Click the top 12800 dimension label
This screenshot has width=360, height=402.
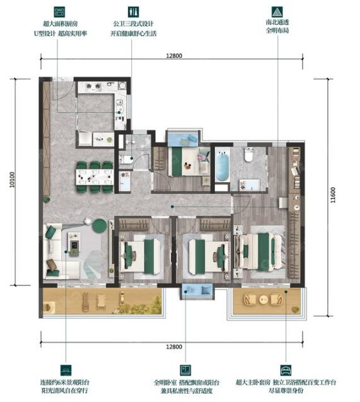tap(175, 55)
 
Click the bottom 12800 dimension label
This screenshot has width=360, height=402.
tap(175, 347)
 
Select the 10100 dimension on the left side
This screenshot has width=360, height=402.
tap(12, 182)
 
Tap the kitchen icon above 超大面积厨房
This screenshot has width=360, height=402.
tap(61, 12)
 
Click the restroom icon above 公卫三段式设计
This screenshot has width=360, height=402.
tap(133, 12)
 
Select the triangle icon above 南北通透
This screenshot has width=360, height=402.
tap(276, 12)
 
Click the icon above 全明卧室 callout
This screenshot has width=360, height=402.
tap(185, 370)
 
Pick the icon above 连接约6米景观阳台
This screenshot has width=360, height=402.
tap(64, 370)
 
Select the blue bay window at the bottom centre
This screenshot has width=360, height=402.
tap(197, 291)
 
